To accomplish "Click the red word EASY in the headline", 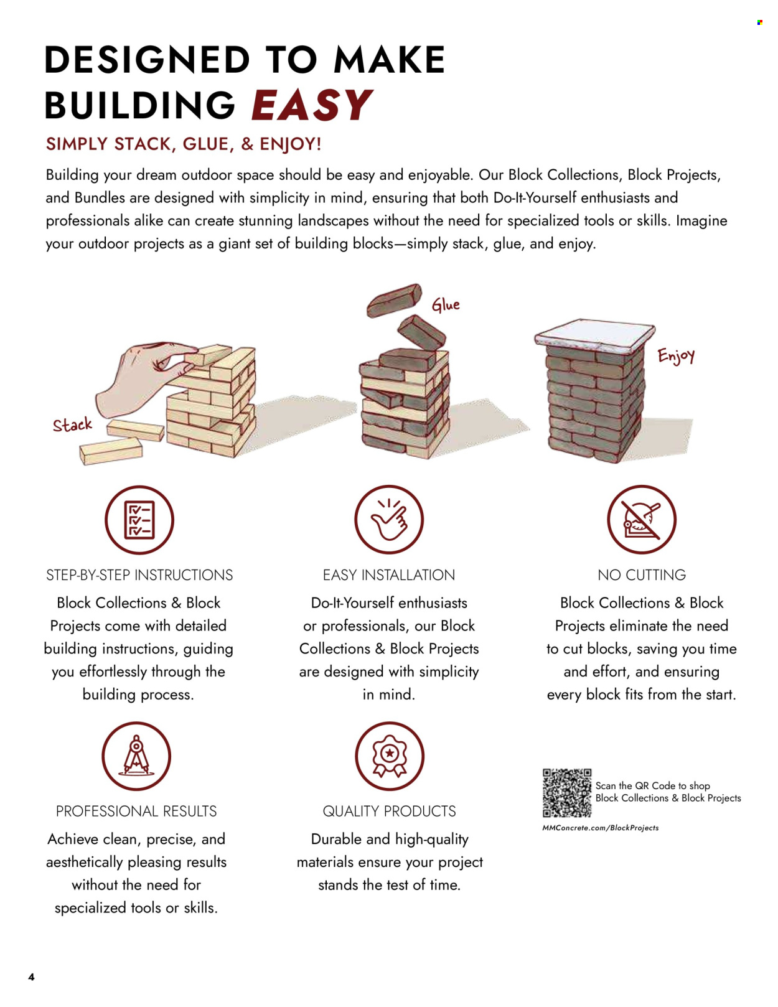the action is click(x=312, y=105).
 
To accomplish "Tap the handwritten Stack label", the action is click(x=72, y=424).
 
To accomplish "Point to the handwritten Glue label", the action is click(x=446, y=305).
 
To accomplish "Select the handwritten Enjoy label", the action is click(x=676, y=357).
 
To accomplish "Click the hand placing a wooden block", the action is click(x=144, y=378).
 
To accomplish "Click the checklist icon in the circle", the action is click(x=139, y=520).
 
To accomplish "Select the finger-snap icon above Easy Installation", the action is click(x=389, y=520).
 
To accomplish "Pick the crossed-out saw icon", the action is click(x=642, y=520).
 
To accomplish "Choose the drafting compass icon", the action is click(x=136, y=756).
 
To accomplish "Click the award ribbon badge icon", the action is click(x=390, y=756).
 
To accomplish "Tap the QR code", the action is click(x=567, y=793).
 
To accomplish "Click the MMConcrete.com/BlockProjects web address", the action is click(x=601, y=828).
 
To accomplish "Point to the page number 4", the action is click(x=32, y=977).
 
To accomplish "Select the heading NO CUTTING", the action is click(x=642, y=575).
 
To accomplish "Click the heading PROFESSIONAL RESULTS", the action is click(x=136, y=812).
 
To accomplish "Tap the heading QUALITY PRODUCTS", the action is click(x=389, y=812).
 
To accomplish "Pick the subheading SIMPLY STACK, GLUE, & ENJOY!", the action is click(x=184, y=144).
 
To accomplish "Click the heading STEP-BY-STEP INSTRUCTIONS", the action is click(x=139, y=575).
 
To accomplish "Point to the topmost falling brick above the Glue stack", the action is click(x=395, y=300).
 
